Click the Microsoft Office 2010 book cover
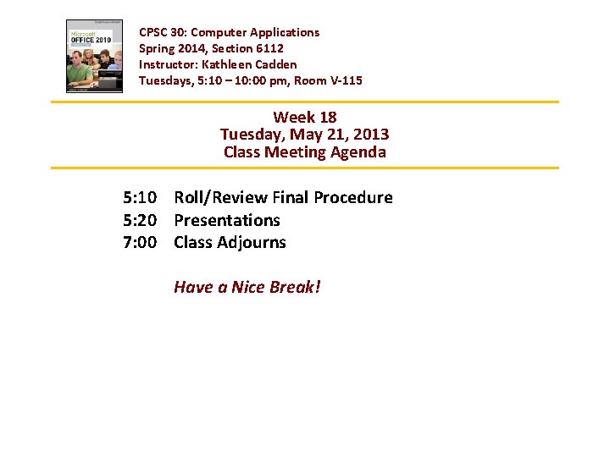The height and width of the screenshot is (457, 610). click(x=95, y=56)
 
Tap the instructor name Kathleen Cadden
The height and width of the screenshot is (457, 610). click(x=249, y=64)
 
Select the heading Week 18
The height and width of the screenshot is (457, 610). click(x=304, y=117)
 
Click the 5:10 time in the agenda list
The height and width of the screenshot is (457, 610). click(x=139, y=197)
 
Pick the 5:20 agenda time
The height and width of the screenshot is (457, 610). click(x=139, y=220)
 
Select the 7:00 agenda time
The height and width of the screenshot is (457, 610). click(x=139, y=242)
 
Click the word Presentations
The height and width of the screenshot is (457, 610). click(x=227, y=220)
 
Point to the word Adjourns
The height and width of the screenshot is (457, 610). click(x=253, y=242)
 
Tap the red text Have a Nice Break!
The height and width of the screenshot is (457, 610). click(x=247, y=287)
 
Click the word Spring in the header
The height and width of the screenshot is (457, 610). click(x=156, y=48)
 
